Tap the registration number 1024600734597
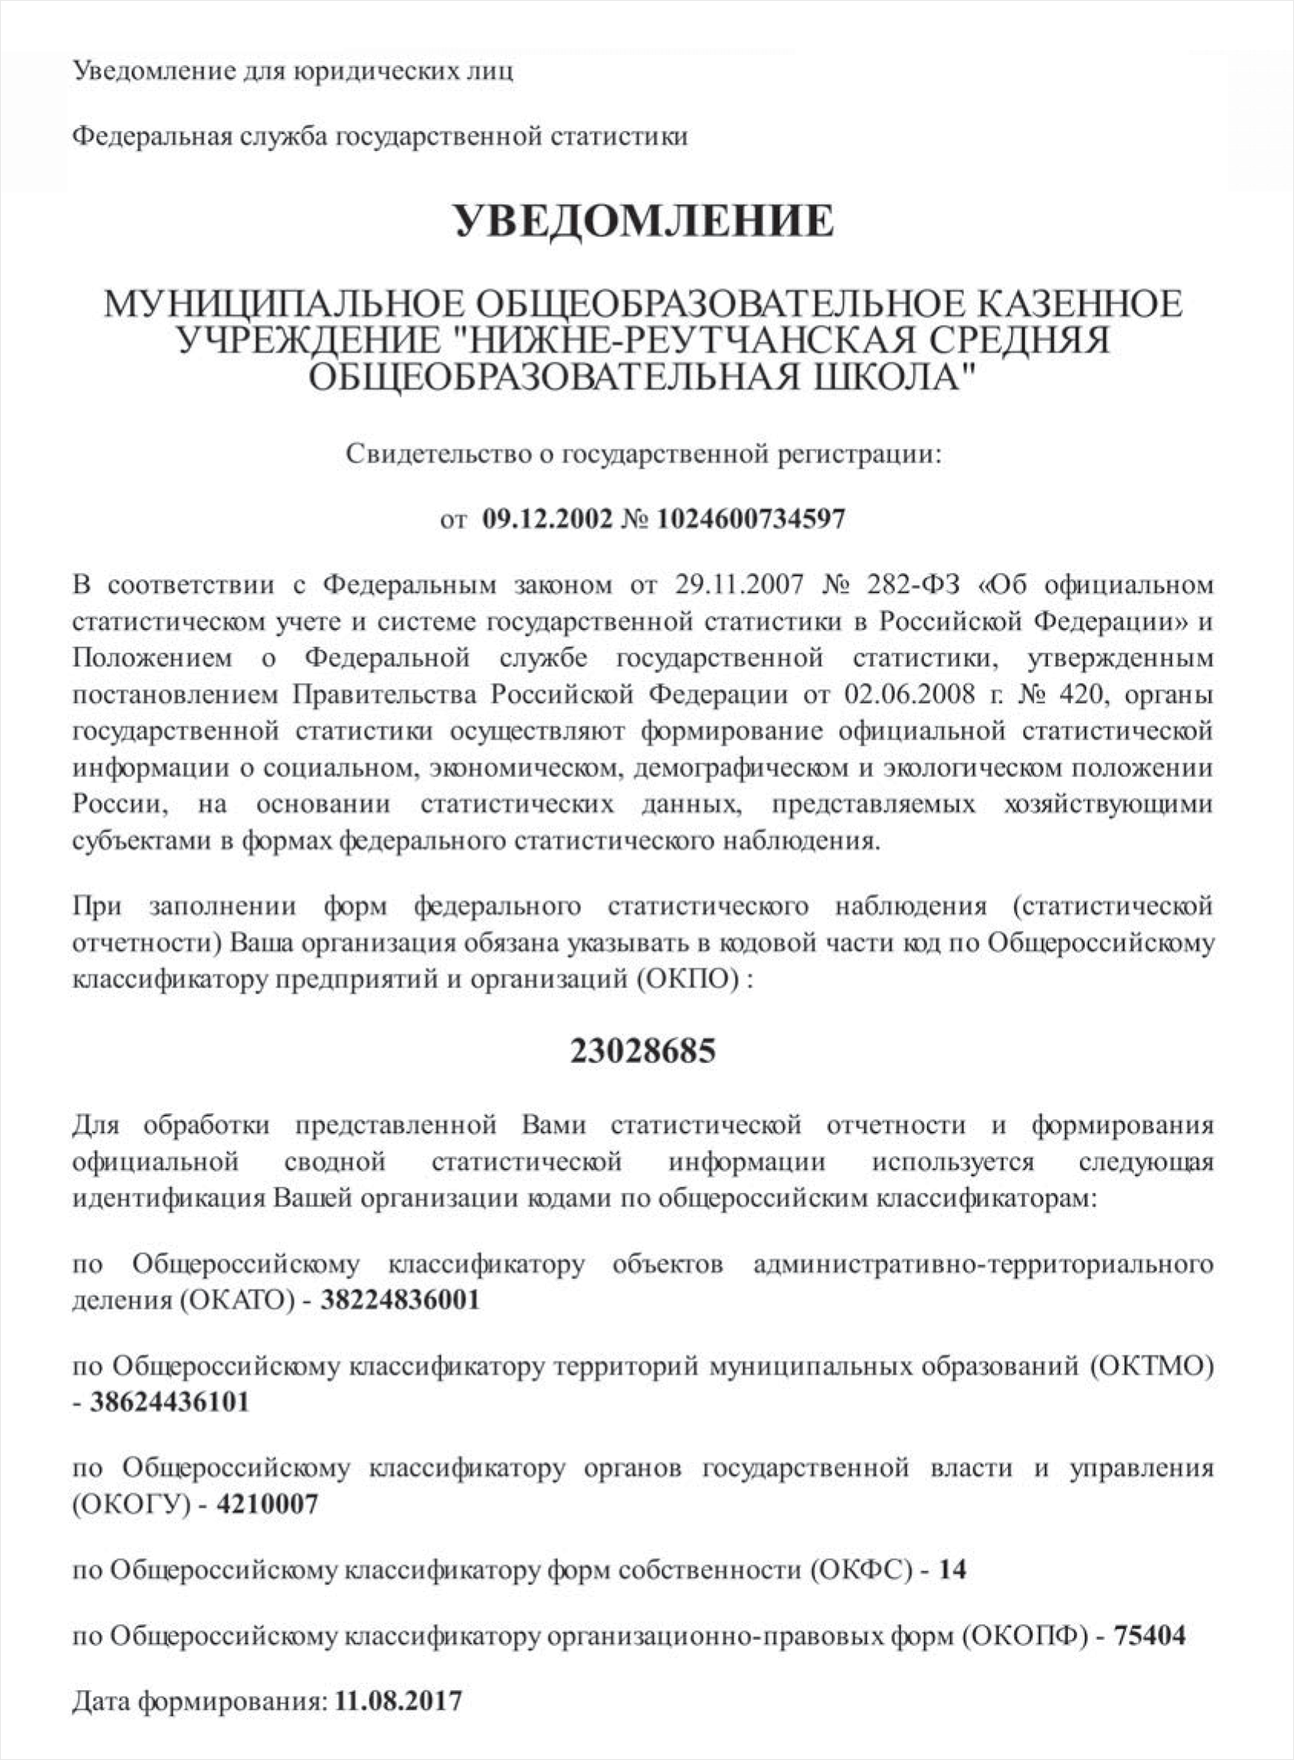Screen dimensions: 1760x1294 (x=751, y=519)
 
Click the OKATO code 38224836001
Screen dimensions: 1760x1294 (x=401, y=1299)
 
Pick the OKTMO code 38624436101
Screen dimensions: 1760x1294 (x=169, y=1400)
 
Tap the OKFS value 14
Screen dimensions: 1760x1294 (x=951, y=1569)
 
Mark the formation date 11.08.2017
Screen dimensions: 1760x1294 (x=398, y=1702)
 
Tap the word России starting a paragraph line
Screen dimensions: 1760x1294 (x=118, y=803)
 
